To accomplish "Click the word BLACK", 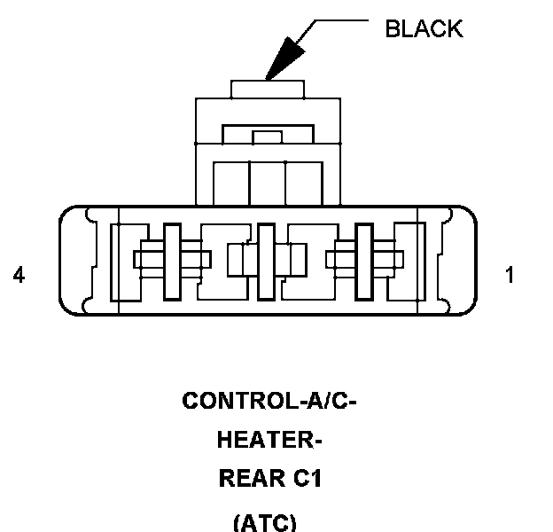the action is coord(424,28).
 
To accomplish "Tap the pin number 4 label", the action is coord(19,275).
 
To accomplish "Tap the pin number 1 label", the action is coord(510,275).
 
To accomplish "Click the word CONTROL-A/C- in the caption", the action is coord(269,401).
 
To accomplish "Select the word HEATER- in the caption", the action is coord(269,440).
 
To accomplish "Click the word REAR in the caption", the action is coord(252,479).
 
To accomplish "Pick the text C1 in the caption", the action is coord(308,479).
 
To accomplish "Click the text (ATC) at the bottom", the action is coord(265,523).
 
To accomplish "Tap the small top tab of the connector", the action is coord(268,90).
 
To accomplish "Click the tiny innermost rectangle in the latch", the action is coord(268,137).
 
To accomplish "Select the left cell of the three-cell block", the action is coord(231,184).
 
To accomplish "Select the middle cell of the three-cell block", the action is coord(268,184).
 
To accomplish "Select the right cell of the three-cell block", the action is coord(304,184).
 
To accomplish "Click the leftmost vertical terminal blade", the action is coord(172,262).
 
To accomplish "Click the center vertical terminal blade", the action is coord(266,262).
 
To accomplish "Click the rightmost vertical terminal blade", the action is coord(364,262).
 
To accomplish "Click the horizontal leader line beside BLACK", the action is coord(341,20).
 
